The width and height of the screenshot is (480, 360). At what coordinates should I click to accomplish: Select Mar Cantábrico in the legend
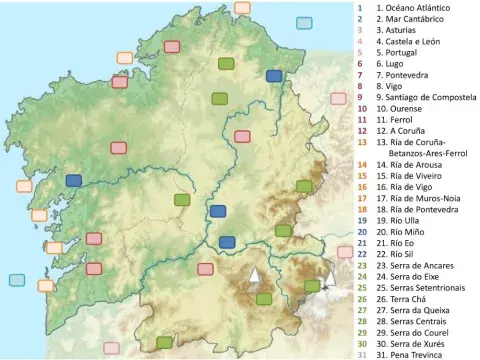pos(411,18)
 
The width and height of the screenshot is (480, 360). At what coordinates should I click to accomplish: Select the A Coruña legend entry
pos(406,131)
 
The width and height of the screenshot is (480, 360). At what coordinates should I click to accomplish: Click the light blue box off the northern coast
pos(304,22)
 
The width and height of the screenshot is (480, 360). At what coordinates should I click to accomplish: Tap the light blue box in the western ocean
pos(17,280)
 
